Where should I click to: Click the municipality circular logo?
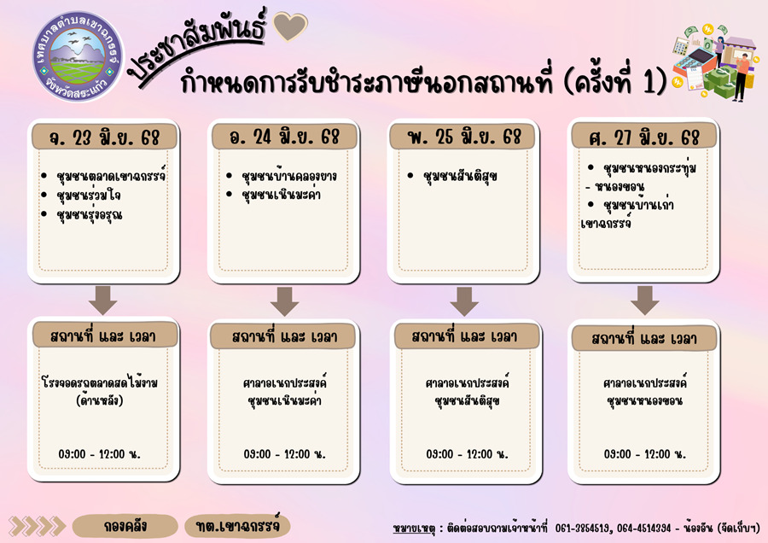pyautogui.click(x=78, y=56)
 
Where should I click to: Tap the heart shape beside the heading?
pyautogui.click(x=290, y=26)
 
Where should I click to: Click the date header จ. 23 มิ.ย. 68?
pyautogui.click(x=104, y=137)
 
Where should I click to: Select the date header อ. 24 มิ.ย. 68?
pyautogui.click(x=284, y=137)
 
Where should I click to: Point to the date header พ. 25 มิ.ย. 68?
pyautogui.click(x=464, y=137)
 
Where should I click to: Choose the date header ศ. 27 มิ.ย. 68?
pyautogui.click(x=644, y=137)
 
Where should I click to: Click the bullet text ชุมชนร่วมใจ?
pyautogui.click(x=88, y=196)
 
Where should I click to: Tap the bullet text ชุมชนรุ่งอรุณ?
pyautogui.click(x=89, y=214)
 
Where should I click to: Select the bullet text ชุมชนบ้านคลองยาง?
pyautogui.click(x=289, y=176)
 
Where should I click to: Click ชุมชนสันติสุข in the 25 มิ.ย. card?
pyautogui.click(x=460, y=176)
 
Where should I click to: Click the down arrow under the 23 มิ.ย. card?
pyautogui.click(x=103, y=301)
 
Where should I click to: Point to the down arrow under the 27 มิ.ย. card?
pyautogui.click(x=644, y=301)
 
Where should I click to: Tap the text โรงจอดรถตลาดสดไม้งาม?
pyautogui.click(x=100, y=382)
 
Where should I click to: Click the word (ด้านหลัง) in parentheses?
pyautogui.click(x=100, y=400)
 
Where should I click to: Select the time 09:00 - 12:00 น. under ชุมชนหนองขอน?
pyautogui.click(x=644, y=454)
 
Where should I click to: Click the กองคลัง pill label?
pyautogui.click(x=125, y=526)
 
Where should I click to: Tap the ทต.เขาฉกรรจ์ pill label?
pyautogui.click(x=237, y=526)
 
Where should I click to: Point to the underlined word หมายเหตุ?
pyautogui.click(x=414, y=528)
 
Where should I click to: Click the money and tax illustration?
pyautogui.click(x=713, y=61)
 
